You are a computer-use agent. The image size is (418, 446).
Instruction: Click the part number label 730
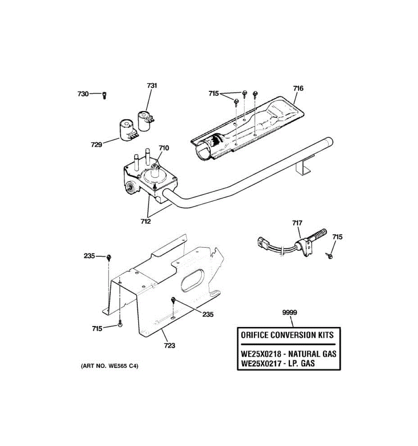pos(83,94)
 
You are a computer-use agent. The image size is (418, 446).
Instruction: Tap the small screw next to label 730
pos(104,95)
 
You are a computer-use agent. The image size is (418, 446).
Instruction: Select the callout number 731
pos(152,85)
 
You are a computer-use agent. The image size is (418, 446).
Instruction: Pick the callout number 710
pos(163,148)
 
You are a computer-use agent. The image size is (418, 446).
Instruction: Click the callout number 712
pos(146,222)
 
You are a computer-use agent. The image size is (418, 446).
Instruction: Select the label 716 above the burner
pos(298,88)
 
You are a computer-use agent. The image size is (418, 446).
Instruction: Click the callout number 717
pos(297,223)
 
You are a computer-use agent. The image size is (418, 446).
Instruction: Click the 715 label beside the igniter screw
pos(337,237)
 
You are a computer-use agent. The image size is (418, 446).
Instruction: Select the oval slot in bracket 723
pos(192,281)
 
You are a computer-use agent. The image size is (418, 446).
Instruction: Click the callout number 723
pos(169,346)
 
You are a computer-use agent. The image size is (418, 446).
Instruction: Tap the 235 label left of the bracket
pos(89,256)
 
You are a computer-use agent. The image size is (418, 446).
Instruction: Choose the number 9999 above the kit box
pos(289,313)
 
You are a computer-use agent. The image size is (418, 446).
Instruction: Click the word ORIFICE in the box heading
pos(255,335)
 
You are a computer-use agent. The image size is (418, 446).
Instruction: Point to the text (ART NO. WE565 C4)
pos(110,366)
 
